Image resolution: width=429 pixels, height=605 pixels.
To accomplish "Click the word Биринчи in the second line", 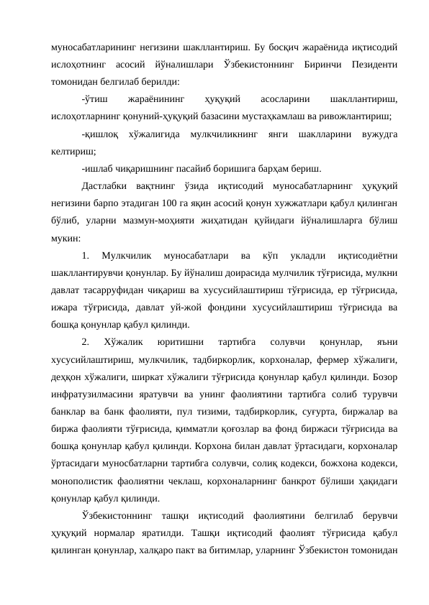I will click(320, 65).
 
